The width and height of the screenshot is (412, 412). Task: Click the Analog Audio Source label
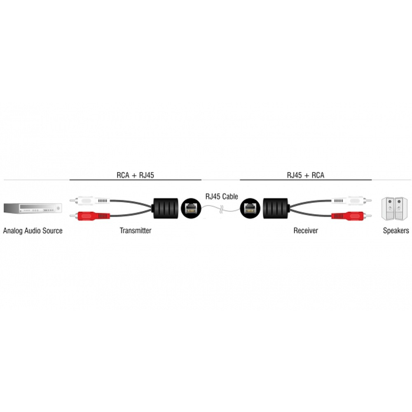pyautogui.click(x=33, y=231)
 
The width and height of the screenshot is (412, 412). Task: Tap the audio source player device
pyautogui.click(x=33, y=208)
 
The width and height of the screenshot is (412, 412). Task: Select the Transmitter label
pyautogui.click(x=135, y=230)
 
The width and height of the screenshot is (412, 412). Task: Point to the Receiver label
pyautogui.click(x=306, y=230)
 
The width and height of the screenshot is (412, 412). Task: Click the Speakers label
pyautogui.click(x=396, y=230)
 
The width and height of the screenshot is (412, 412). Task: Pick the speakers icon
pyautogui.click(x=394, y=208)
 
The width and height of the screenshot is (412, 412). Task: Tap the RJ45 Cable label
pyautogui.click(x=222, y=196)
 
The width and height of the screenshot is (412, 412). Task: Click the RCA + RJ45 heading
pyautogui.click(x=135, y=175)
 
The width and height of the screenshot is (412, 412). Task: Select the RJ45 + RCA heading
pyautogui.click(x=306, y=175)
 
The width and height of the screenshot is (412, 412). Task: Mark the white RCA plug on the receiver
pyautogui.click(x=351, y=201)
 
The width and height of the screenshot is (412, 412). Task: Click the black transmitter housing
pyautogui.click(x=166, y=208)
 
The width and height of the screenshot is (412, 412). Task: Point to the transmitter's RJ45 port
pyautogui.click(x=191, y=208)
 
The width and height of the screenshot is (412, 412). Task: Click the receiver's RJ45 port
pyautogui.click(x=250, y=208)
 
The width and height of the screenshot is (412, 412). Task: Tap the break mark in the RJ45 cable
pyautogui.click(x=222, y=209)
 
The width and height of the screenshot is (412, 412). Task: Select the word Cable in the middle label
pyautogui.click(x=229, y=196)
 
